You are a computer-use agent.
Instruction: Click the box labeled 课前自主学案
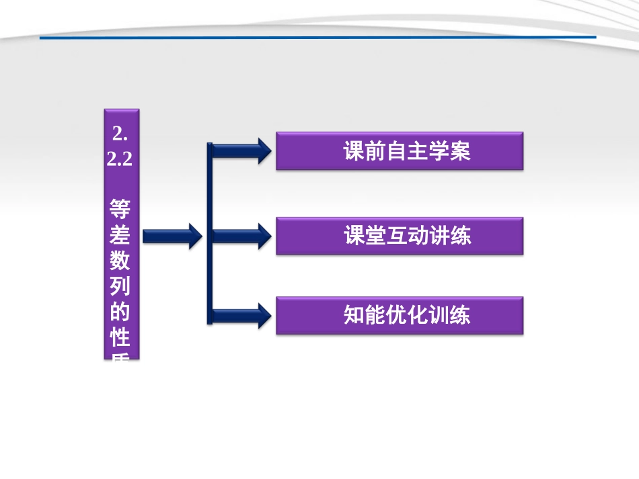click(400, 151)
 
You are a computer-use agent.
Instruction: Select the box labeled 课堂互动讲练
click(400, 236)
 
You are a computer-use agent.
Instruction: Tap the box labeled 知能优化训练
click(400, 316)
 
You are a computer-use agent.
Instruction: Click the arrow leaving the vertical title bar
click(172, 235)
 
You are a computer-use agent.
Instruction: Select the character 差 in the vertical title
click(121, 234)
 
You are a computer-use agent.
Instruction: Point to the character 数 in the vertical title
click(121, 260)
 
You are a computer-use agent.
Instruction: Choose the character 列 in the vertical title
click(121, 286)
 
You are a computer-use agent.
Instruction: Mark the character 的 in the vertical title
click(121, 312)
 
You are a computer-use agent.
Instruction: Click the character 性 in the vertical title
click(121, 337)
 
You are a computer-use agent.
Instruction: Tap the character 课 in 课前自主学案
click(354, 152)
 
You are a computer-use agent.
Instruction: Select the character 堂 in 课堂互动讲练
click(375, 236)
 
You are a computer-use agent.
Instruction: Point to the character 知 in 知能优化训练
click(354, 316)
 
